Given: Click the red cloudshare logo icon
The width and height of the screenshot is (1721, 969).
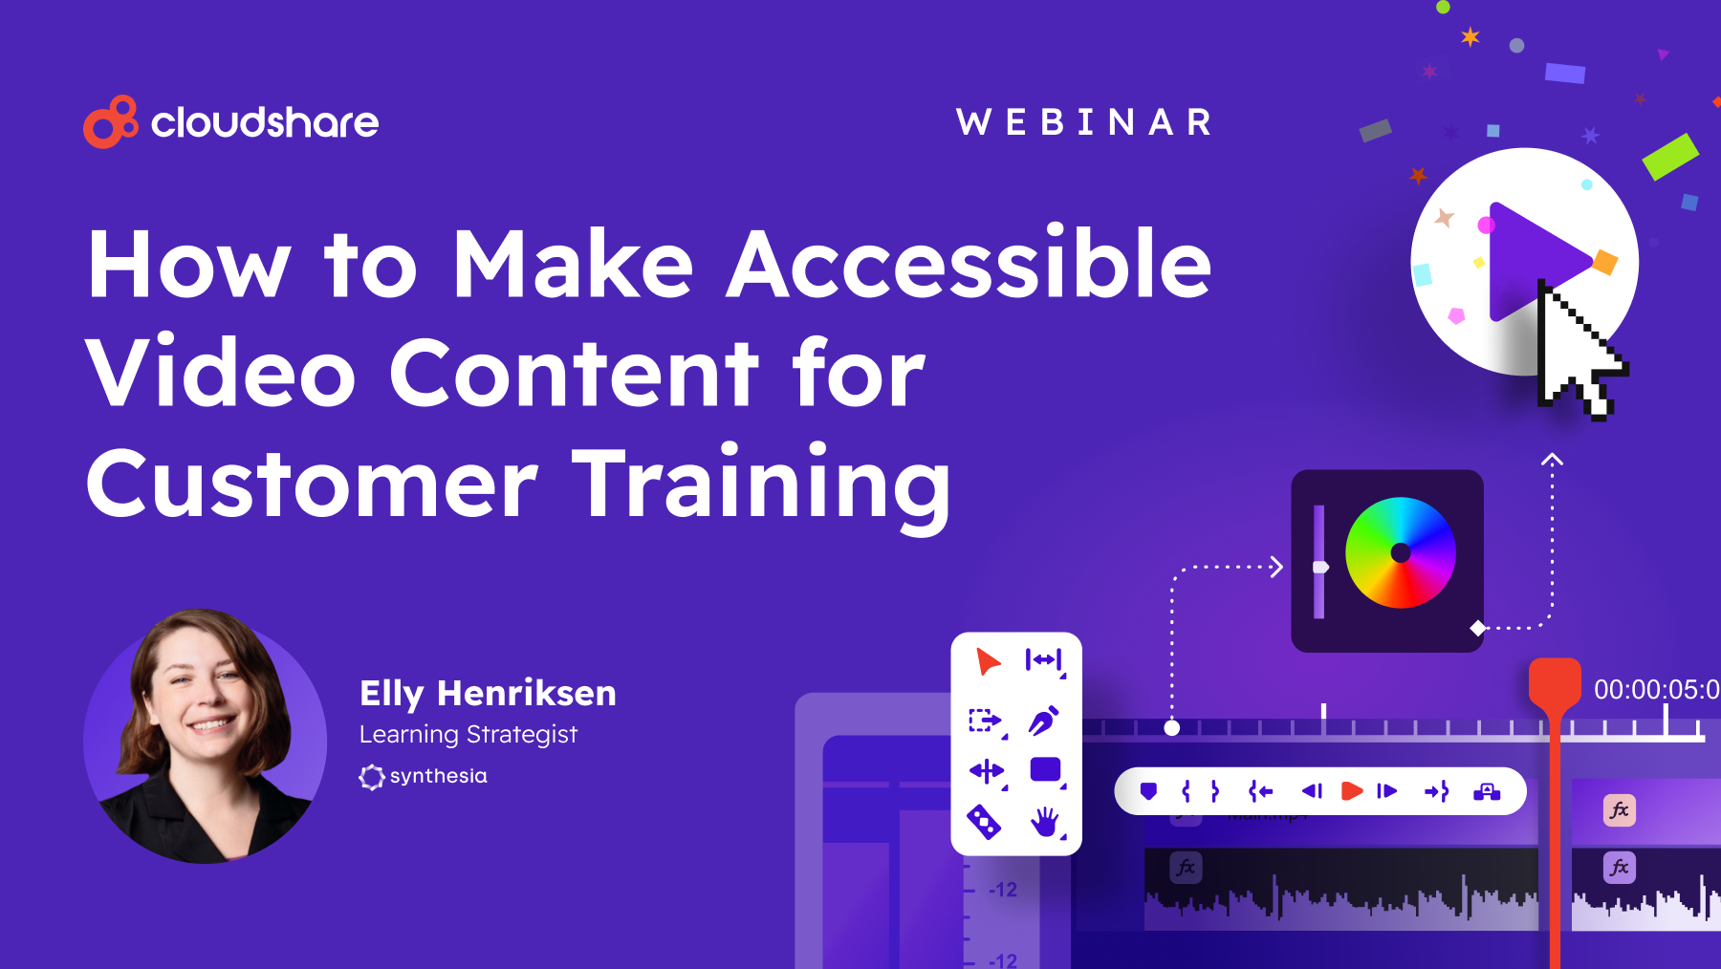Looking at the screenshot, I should (x=110, y=122).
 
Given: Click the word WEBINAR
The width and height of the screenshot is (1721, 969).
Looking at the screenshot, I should (x=1084, y=122).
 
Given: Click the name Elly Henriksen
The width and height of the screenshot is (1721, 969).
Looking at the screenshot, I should (x=488, y=693).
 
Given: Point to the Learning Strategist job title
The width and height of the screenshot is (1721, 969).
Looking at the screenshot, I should (x=468, y=734).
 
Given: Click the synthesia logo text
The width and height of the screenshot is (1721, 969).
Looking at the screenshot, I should (x=438, y=776).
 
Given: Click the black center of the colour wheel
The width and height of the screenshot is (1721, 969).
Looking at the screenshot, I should (x=1401, y=552).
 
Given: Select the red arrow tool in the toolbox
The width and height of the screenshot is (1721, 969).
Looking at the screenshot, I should (x=987, y=660).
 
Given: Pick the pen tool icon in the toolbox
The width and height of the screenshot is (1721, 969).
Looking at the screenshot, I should (x=1043, y=720).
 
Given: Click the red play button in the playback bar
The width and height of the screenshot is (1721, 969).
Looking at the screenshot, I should (x=1351, y=791).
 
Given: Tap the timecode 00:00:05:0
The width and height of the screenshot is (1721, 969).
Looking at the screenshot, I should (x=1656, y=689).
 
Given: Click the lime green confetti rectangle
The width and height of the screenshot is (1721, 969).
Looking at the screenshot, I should (x=1669, y=156).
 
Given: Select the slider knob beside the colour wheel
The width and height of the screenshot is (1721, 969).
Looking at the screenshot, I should (x=1320, y=567).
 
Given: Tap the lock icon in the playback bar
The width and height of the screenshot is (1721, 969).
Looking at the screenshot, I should (x=1487, y=791).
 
